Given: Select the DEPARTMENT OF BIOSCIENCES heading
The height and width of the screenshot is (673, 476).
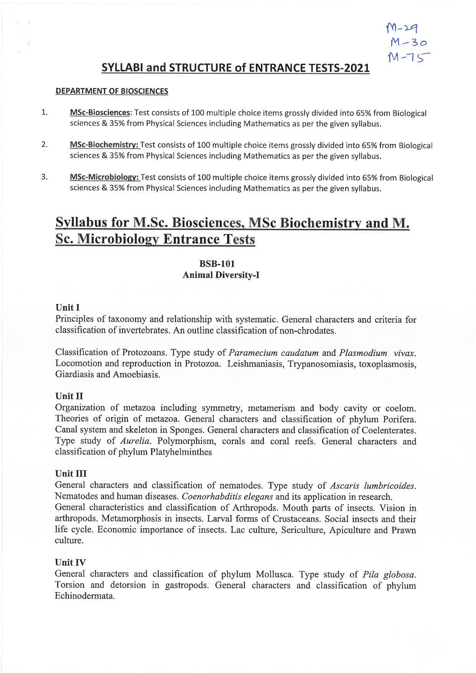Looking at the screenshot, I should coord(112,91).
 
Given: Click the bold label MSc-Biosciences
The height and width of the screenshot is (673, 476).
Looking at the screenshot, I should coord(100,113).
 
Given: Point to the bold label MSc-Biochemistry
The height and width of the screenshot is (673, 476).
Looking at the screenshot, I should coord(105,145).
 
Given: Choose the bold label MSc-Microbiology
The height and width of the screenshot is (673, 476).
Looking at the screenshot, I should coord(105,177).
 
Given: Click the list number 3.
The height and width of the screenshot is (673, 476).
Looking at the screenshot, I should coord(44,177).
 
